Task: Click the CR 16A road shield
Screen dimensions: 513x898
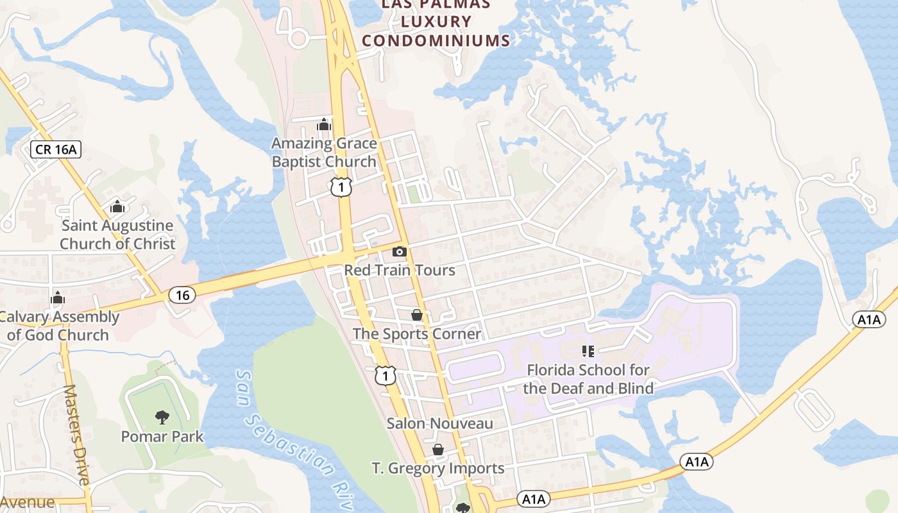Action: [x=56, y=150]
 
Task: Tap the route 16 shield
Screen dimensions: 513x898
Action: [x=183, y=295]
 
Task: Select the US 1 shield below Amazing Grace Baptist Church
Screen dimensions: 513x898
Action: [x=341, y=187]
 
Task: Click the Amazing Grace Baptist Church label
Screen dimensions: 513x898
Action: [x=324, y=152]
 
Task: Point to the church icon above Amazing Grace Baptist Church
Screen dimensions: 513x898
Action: [x=324, y=124]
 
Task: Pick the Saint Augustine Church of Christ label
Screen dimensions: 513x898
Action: [x=117, y=235]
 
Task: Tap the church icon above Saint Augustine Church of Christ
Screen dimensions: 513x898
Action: [x=117, y=206]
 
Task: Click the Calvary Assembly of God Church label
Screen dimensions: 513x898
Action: [x=58, y=326]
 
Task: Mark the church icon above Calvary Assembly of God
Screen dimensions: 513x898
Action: [x=58, y=298]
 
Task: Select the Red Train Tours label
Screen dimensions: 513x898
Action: [x=400, y=270]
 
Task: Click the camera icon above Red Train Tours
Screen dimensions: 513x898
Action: [x=399, y=251]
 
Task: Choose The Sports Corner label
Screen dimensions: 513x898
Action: [x=417, y=334]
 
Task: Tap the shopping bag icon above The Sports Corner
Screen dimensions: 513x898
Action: [x=417, y=315]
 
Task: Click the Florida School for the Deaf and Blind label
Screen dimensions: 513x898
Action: [x=588, y=379]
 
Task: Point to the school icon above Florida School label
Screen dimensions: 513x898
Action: [x=588, y=351]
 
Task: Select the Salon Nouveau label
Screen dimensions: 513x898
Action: [x=440, y=423]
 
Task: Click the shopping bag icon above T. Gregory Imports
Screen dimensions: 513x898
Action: [x=438, y=450]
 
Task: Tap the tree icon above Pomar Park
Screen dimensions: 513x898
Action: [x=162, y=417]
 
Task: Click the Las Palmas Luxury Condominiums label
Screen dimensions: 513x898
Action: [x=436, y=22]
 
